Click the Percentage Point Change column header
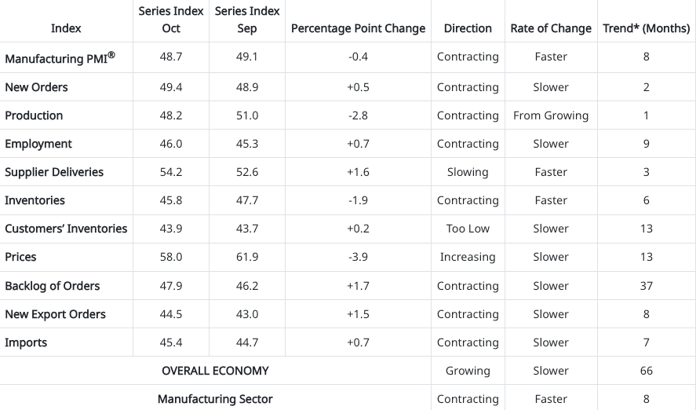[x=358, y=28]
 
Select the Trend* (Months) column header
[x=646, y=28]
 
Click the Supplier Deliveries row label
[x=54, y=172]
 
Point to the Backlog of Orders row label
[x=53, y=286]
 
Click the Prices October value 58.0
[x=171, y=257]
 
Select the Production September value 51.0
[x=247, y=115]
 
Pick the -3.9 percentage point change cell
[x=358, y=257]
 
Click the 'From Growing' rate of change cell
[x=551, y=115]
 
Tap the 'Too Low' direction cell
[x=468, y=229]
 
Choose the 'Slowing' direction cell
[x=468, y=172]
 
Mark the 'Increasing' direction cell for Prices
[x=468, y=257]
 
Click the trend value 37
[x=646, y=286]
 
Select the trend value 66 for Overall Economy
[x=646, y=371]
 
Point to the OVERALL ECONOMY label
[x=215, y=371]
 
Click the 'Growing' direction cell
[x=468, y=371]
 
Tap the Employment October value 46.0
[x=171, y=144]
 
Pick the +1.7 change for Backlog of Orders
[x=358, y=286]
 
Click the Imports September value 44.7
[x=247, y=342]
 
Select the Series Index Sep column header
[x=247, y=20]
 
